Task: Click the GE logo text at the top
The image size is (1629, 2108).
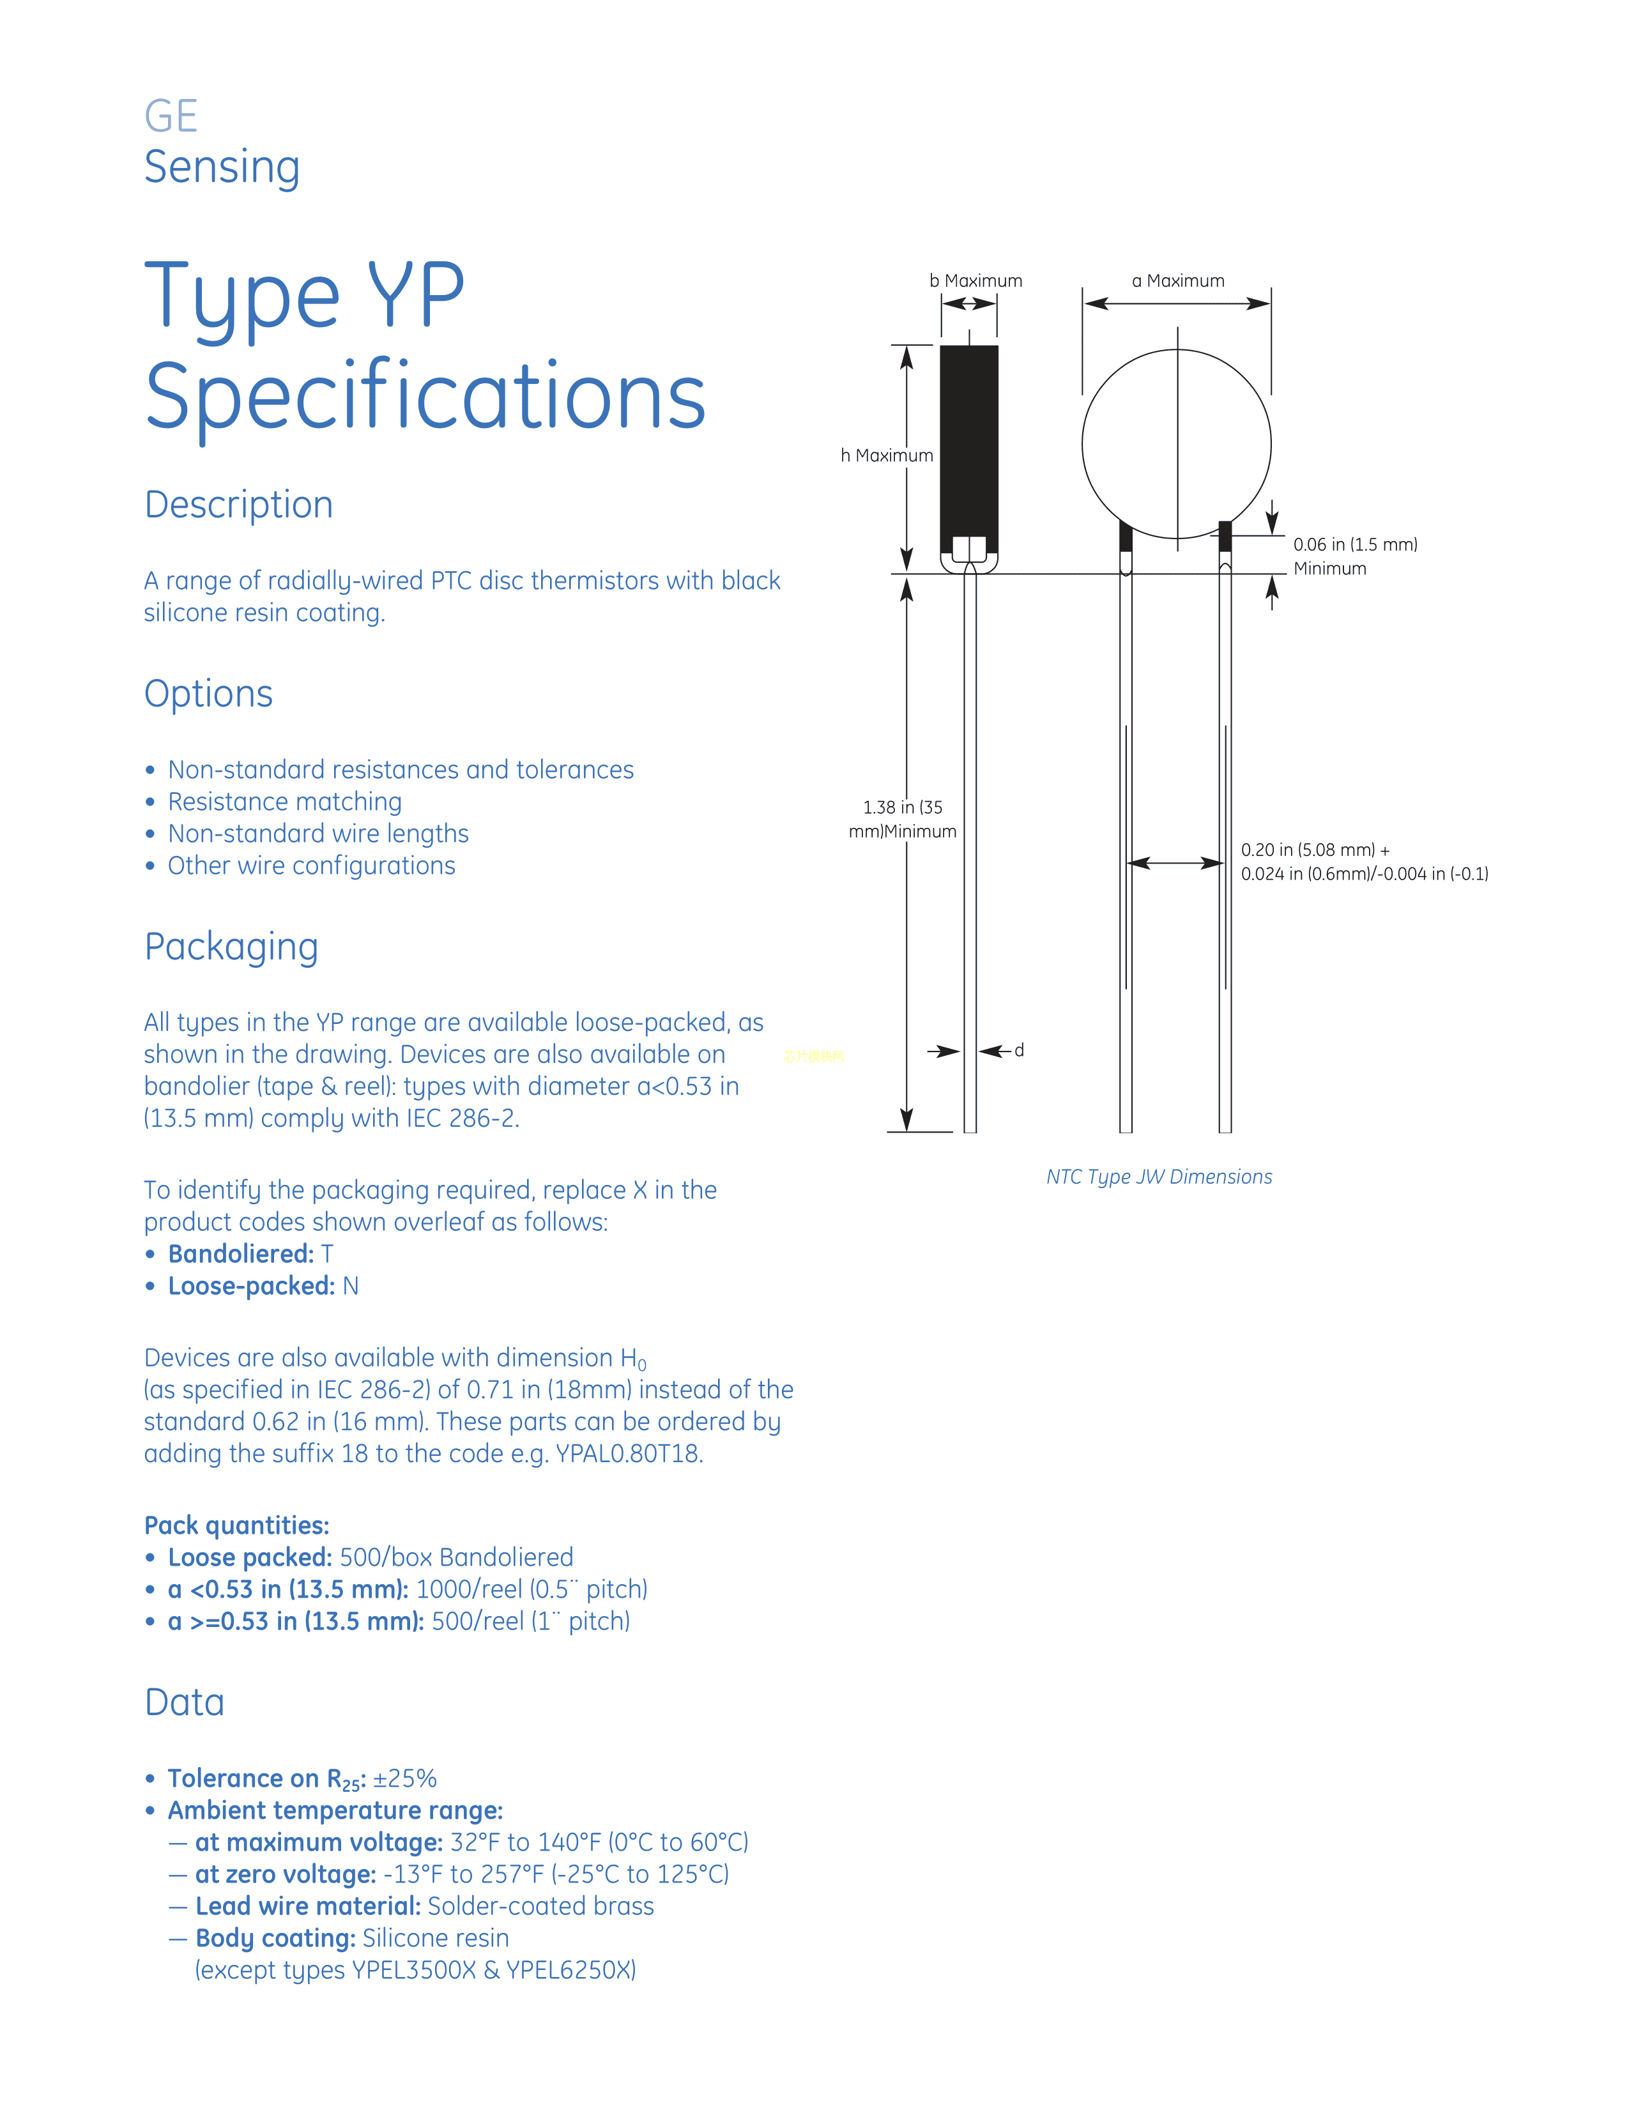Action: (x=171, y=117)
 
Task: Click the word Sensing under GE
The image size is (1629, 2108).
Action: (x=222, y=167)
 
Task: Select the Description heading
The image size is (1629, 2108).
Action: (x=238, y=505)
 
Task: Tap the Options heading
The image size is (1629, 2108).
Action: (x=208, y=694)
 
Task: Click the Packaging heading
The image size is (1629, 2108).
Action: (x=231, y=947)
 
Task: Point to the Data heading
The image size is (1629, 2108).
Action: (x=185, y=1702)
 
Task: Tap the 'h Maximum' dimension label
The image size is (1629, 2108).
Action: (x=886, y=455)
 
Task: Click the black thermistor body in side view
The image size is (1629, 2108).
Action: (x=969, y=434)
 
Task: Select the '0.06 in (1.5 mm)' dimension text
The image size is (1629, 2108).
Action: (x=1355, y=544)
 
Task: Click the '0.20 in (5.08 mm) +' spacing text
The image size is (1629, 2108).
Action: (x=1315, y=850)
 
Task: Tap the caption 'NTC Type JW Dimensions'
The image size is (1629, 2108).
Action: (x=1159, y=1177)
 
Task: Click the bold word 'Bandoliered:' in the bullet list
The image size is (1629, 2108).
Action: (x=240, y=1254)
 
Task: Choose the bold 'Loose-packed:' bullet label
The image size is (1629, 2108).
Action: (x=251, y=1286)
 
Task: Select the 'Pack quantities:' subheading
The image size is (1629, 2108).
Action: (x=236, y=1525)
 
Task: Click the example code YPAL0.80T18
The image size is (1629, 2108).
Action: (x=629, y=1454)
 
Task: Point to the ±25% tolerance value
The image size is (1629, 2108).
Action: (x=405, y=1778)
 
